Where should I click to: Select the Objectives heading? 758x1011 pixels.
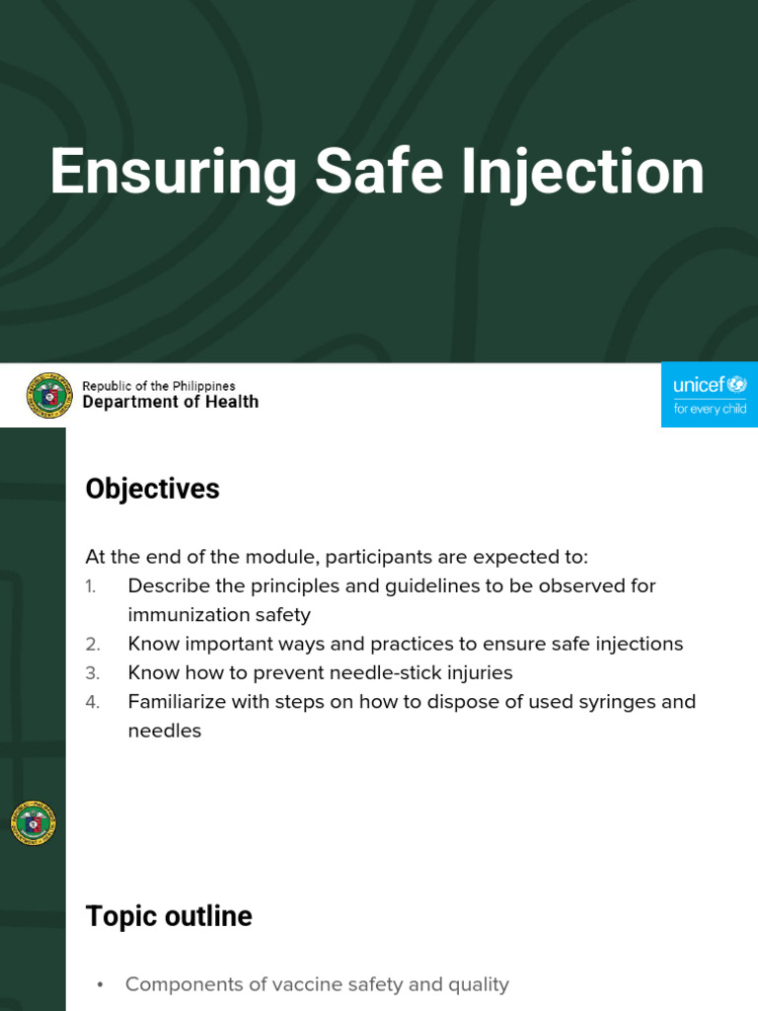click(x=152, y=489)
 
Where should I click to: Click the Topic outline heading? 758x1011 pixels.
click(x=169, y=916)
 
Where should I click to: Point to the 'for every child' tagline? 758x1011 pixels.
click(x=710, y=409)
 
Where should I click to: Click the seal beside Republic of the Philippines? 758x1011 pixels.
click(x=49, y=395)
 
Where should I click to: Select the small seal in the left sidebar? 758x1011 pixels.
click(x=34, y=823)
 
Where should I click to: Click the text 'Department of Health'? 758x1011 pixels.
click(x=170, y=402)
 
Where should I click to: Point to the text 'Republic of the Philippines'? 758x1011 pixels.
click(x=158, y=386)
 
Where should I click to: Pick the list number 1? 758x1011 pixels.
click(x=91, y=586)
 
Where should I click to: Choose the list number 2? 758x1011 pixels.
click(x=92, y=645)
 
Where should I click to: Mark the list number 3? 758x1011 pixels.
click(x=92, y=673)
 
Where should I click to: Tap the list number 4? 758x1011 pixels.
click(x=92, y=702)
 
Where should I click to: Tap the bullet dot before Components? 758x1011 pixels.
click(x=101, y=985)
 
